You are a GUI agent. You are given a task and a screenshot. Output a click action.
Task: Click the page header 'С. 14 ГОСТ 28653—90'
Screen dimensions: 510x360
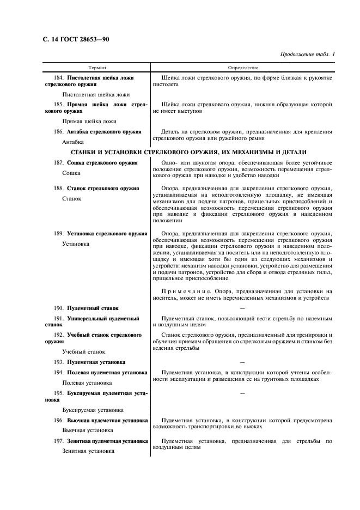77,40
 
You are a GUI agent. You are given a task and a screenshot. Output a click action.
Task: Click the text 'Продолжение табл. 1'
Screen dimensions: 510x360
307,54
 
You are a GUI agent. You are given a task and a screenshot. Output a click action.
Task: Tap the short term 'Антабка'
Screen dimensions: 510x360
73,142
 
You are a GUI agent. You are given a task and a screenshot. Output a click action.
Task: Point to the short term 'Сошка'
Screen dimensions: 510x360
72,172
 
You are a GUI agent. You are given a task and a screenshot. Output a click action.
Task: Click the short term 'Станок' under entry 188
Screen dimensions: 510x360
72,198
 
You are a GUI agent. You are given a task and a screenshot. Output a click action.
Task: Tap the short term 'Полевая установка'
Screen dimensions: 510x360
88,383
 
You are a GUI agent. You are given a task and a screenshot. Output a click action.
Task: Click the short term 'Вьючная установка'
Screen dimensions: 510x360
88,430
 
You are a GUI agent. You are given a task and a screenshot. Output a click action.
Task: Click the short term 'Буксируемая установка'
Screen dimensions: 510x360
93,410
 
